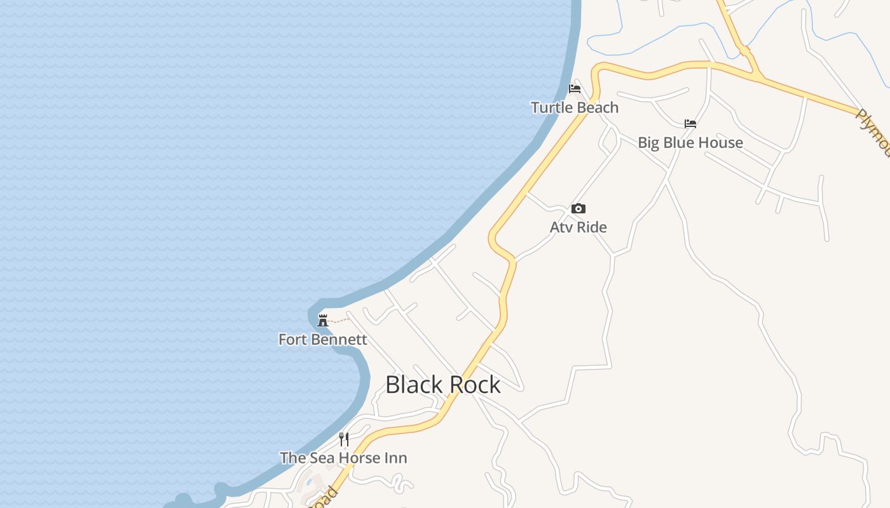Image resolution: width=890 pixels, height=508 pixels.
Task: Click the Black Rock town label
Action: [x=443, y=385]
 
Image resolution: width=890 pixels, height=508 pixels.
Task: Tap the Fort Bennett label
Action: [x=323, y=340]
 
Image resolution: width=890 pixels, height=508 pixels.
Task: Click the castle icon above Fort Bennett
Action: [x=323, y=320]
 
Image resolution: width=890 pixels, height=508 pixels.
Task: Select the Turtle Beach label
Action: [x=575, y=108]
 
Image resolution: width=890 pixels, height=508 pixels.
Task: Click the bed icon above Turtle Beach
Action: [x=575, y=88]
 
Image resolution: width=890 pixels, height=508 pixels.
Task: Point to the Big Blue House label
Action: [x=690, y=143]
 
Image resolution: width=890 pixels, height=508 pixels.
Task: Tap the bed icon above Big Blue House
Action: [x=690, y=123]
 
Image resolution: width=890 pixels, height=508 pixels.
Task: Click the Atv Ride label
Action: [x=578, y=227]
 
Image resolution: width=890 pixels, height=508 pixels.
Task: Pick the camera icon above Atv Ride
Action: [x=578, y=208]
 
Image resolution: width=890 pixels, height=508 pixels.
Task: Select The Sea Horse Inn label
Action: [x=344, y=458]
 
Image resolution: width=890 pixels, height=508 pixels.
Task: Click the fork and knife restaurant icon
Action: [x=344, y=439]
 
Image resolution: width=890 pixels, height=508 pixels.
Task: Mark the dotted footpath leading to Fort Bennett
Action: [x=339, y=319]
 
